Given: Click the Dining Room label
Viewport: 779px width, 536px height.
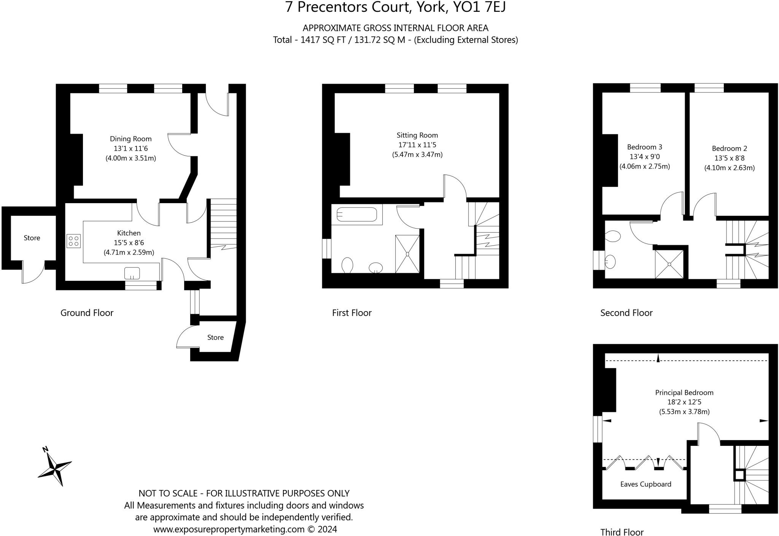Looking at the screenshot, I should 130,139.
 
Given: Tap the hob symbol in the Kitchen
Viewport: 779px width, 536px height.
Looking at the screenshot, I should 73,241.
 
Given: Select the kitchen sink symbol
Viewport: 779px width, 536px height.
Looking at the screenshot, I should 132,273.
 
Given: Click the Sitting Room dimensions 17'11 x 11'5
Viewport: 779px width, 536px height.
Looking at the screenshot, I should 417,145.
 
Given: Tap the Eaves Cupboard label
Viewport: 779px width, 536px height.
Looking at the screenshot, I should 645,484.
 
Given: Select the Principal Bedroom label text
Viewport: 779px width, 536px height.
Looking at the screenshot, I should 684,393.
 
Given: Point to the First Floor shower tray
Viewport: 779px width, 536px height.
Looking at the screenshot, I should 407,254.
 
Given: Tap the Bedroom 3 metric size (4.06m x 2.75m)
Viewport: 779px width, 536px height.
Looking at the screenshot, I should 644,167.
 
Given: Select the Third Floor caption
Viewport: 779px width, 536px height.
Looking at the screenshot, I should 622,532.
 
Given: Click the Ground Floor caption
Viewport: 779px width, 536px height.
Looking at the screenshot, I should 87,313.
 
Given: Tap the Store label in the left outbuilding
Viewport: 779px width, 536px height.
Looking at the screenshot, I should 32,238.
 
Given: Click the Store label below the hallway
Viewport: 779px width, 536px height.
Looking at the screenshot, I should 215,338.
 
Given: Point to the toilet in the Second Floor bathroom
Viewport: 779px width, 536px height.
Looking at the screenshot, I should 612,236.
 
